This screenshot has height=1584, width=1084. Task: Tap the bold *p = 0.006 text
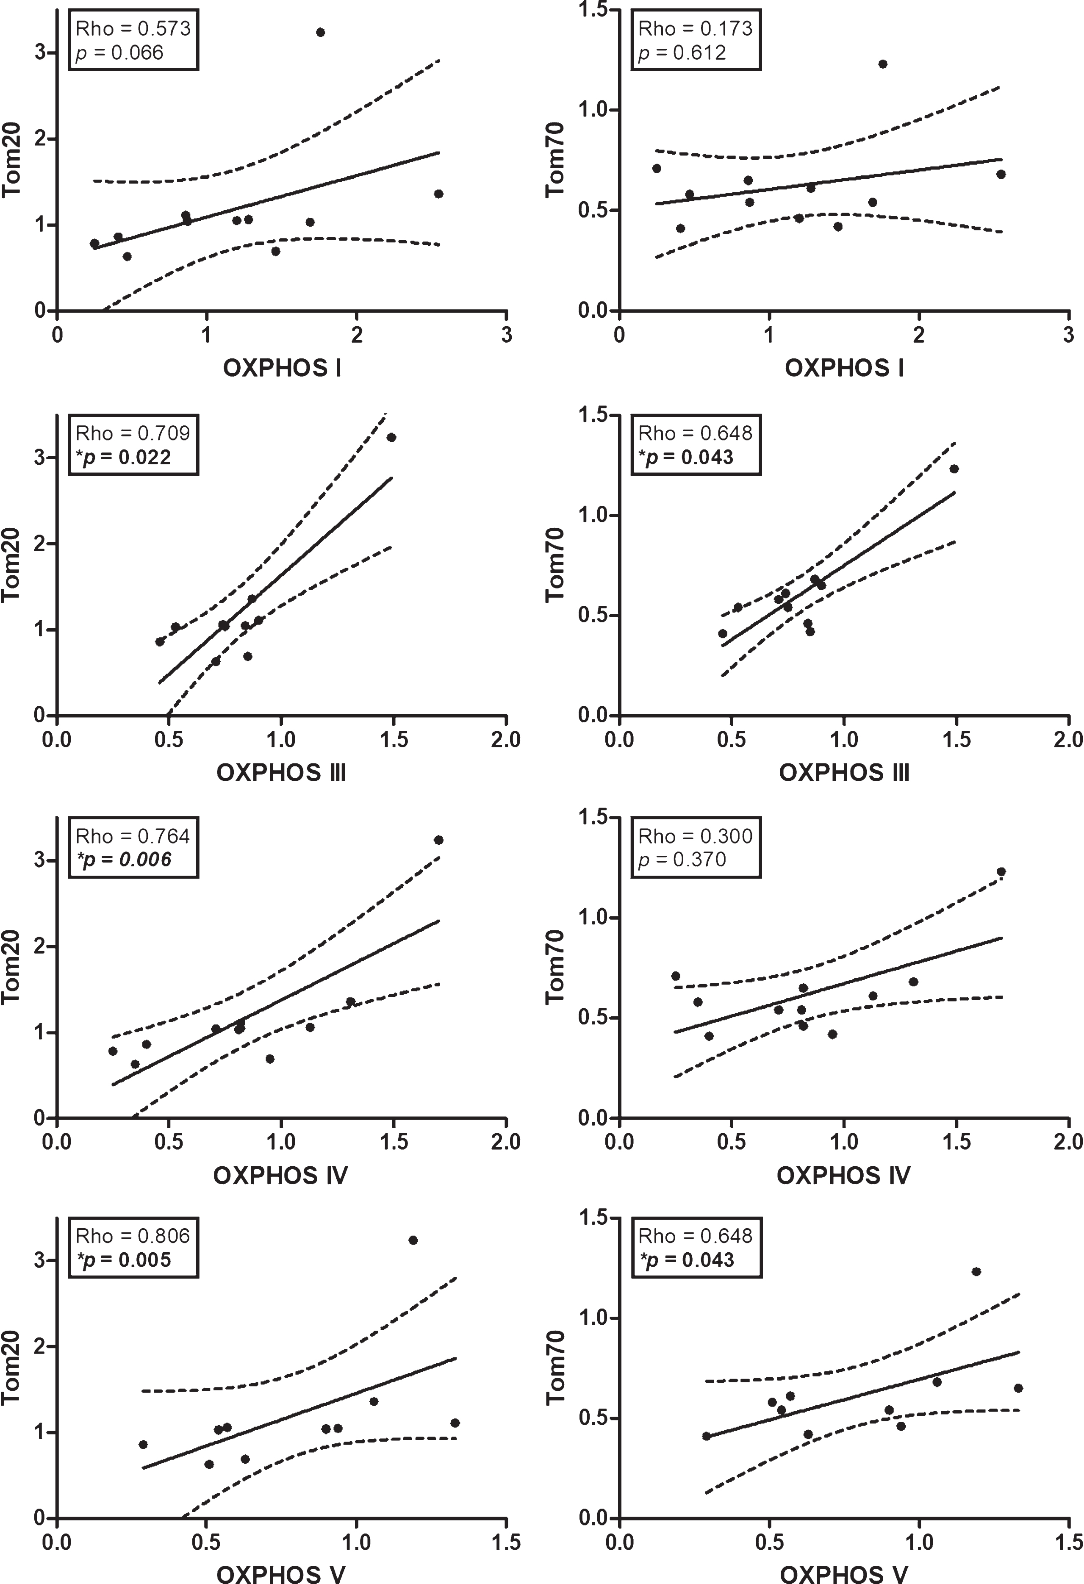click(123, 860)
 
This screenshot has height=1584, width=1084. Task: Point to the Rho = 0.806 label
click(133, 1236)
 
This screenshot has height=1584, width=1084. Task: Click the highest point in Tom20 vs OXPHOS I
click(320, 32)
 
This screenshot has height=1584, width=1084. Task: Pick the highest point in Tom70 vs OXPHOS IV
click(1001, 872)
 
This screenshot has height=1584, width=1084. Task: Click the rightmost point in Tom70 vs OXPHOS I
click(1001, 174)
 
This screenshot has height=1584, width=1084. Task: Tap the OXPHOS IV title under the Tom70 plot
click(843, 1175)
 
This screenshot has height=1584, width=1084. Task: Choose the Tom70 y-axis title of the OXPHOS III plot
click(556, 565)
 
